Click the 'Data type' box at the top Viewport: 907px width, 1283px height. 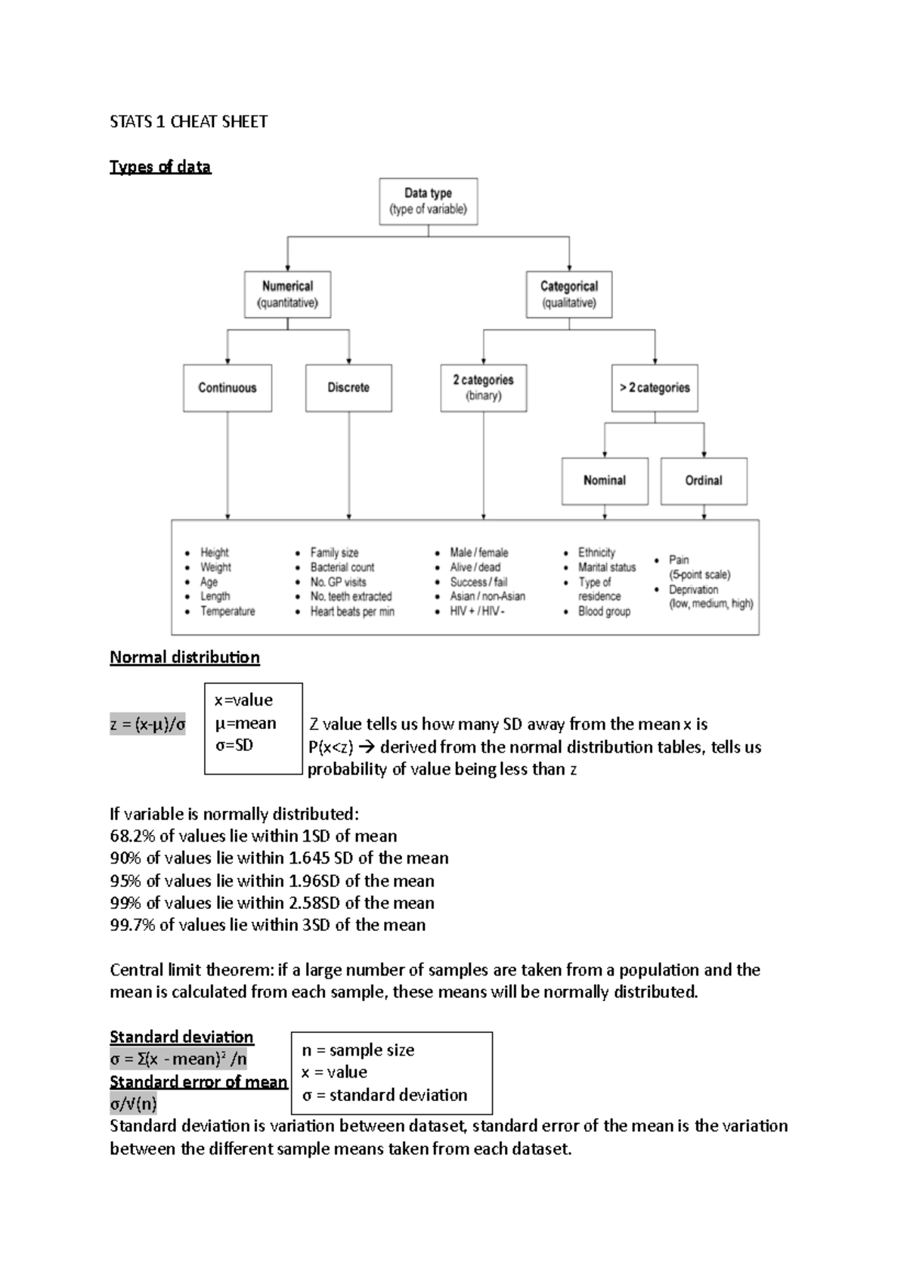pos(428,201)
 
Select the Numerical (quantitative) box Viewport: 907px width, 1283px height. pos(287,294)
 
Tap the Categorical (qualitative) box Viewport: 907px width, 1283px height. pos(568,294)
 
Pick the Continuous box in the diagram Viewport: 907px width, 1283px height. pos(227,388)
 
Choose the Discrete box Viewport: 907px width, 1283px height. pos(348,388)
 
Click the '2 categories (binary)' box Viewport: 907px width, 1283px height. pos(483,388)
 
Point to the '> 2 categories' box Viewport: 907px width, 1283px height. pos(655,388)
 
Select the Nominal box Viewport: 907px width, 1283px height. pos(605,481)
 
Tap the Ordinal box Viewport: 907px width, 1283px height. pos(704,481)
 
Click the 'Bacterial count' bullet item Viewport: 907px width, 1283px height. pos(342,567)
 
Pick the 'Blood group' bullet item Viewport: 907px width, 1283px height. pos(604,611)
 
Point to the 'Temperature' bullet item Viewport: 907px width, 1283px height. pos(228,611)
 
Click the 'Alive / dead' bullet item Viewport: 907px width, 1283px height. pos(475,567)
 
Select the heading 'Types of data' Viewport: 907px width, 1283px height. pos(160,167)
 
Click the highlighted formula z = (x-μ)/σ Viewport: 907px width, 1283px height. pos(147,725)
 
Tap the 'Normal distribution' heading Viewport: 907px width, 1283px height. pos(184,657)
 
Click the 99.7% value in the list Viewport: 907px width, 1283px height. pos(132,925)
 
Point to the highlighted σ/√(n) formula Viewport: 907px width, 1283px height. pos(134,1104)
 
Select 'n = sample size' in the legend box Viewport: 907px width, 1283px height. pos(358,1050)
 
